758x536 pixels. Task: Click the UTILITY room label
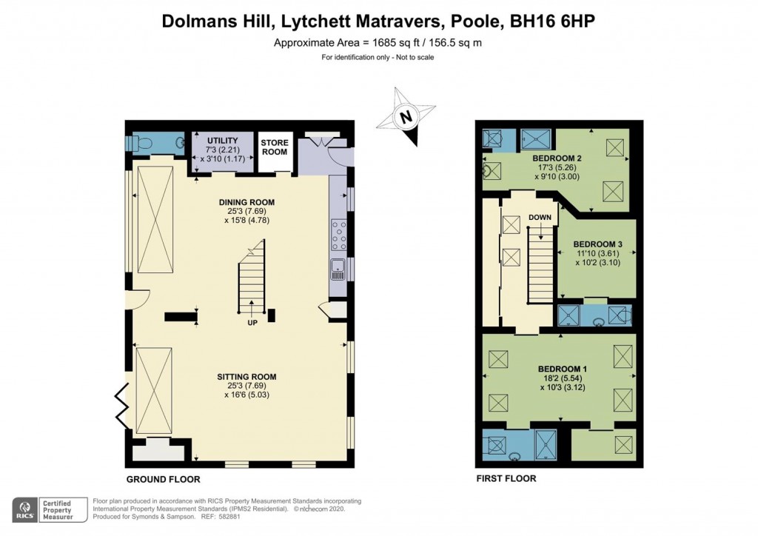[222, 141]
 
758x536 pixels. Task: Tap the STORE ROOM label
[274, 147]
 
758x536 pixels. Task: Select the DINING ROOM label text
[246, 202]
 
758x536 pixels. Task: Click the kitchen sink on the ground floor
[338, 269]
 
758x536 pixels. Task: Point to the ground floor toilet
[144, 143]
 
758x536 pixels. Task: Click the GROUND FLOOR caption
[155, 479]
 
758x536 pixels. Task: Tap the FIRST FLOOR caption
[506, 479]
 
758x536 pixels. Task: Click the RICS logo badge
[26, 509]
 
